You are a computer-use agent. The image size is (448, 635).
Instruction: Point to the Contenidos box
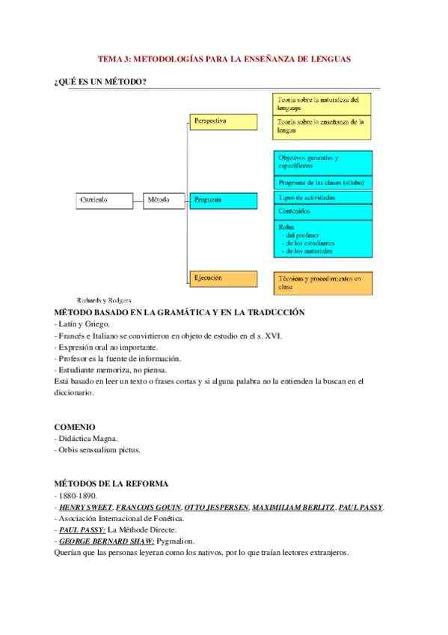(x=323, y=212)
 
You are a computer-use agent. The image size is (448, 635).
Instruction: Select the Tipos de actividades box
(x=323, y=198)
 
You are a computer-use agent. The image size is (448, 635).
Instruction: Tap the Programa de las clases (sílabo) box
(x=323, y=183)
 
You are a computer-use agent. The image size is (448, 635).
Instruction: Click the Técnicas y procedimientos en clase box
(x=323, y=282)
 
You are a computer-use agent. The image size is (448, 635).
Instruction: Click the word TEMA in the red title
(x=111, y=58)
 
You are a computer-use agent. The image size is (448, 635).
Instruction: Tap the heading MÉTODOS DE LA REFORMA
(x=111, y=484)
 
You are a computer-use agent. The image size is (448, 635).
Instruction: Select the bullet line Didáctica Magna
(x=88, y=439)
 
